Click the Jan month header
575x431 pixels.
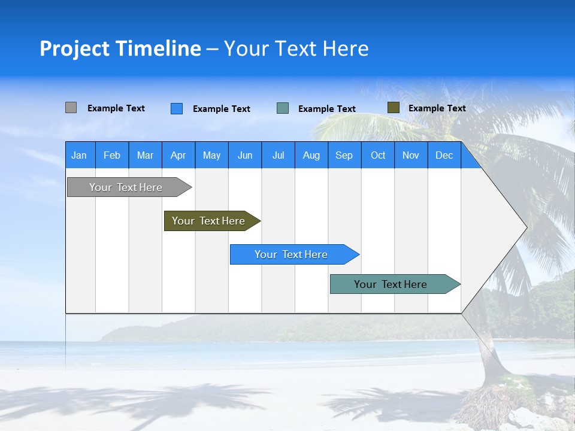tap(79, 155)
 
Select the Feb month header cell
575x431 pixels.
tap(112, 155)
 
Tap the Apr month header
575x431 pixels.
tap(178, 155)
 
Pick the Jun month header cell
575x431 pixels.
tap(245, 155)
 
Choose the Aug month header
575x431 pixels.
tap(311, 155)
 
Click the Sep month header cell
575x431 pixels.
tap(344, 155)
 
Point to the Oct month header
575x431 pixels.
tap(378, 155)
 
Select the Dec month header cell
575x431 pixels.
tap(444, 155)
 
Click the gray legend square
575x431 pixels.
tap(71, 108)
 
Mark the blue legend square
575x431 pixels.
tap(177, 108)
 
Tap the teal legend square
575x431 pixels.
tap(283, 108)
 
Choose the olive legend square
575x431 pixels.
tap(393, 108)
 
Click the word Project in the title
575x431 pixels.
tap(75, 48)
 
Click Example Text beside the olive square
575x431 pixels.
tap(437, 108)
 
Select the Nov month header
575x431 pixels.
tap(411, 155)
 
